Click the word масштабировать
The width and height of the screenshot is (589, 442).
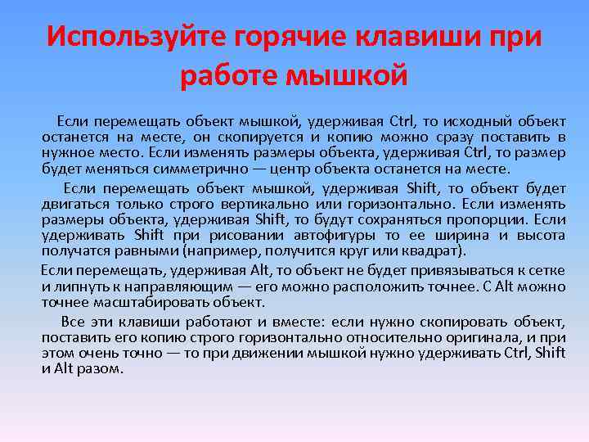coord(138,302)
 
